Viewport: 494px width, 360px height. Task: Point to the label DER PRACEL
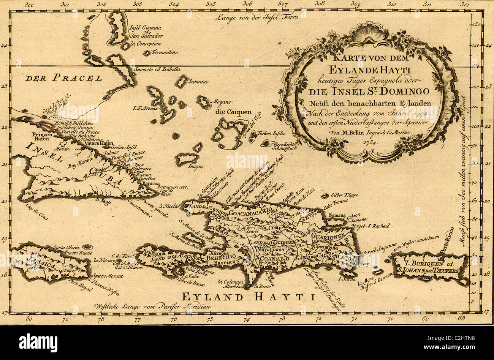64,79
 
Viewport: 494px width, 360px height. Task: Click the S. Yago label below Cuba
103,202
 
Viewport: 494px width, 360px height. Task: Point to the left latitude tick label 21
4,164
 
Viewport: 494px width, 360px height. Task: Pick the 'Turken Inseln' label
271,134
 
